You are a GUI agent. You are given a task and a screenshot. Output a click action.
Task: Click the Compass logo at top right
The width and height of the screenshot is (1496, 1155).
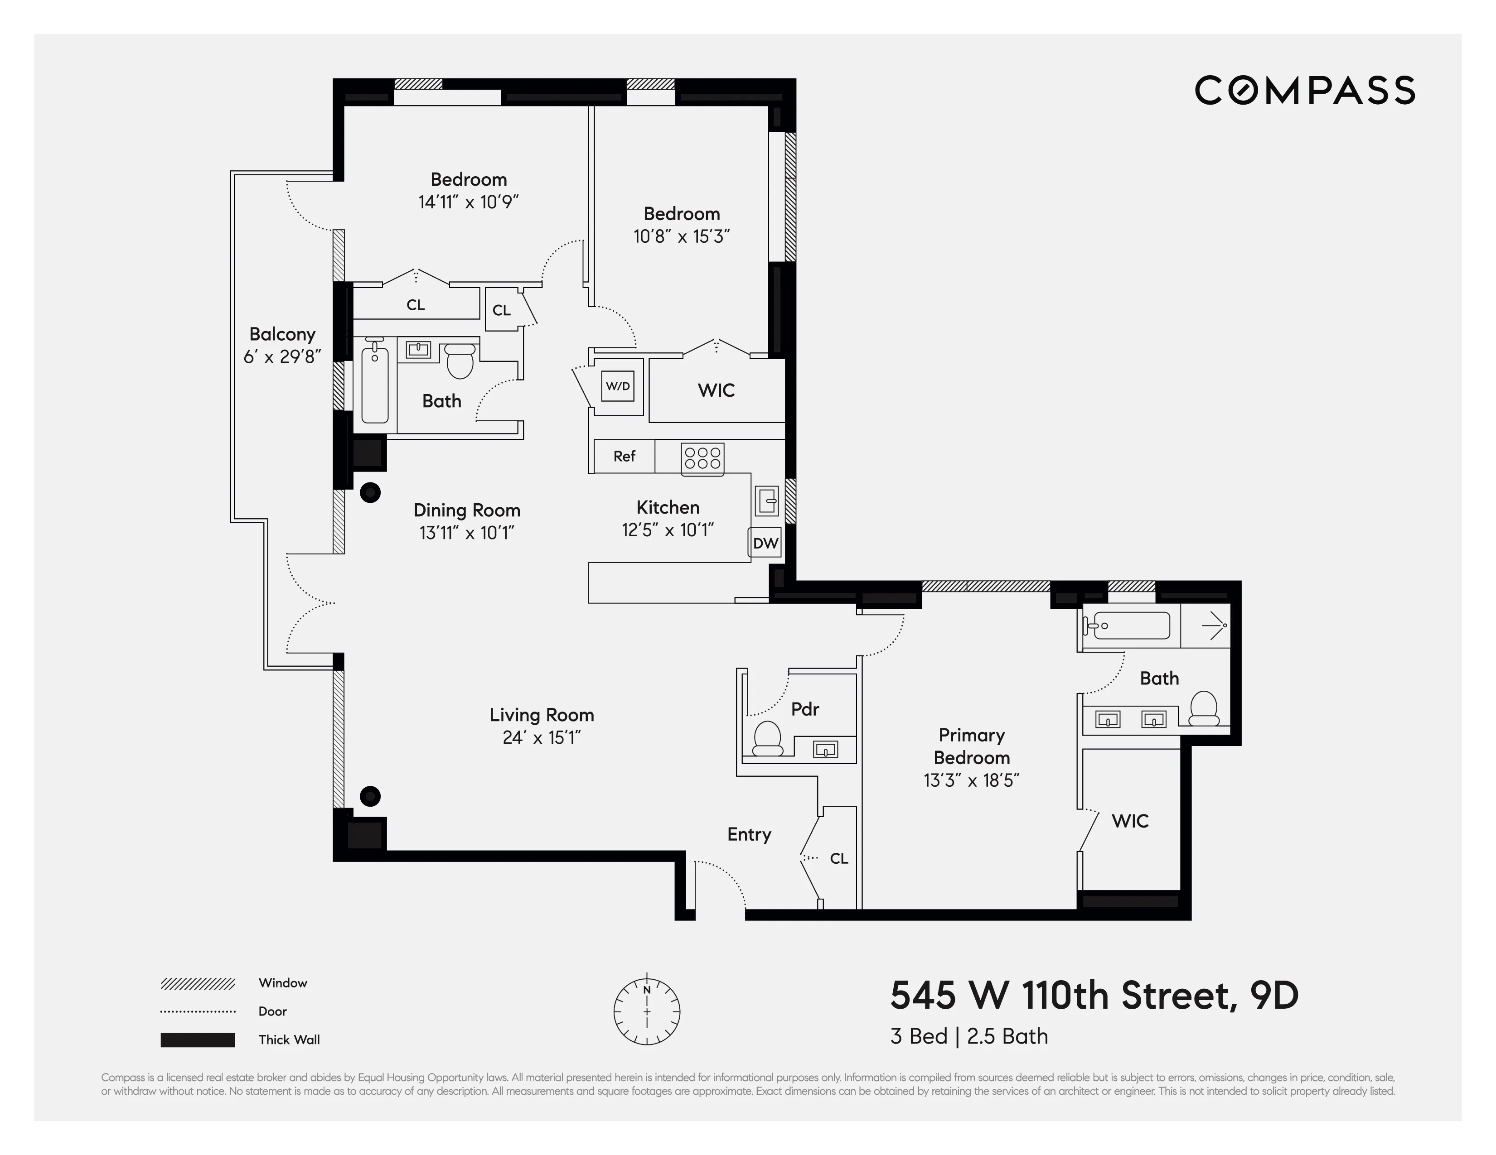coord(1304,91)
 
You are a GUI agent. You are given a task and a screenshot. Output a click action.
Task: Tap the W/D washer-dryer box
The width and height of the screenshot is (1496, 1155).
coord(617,386)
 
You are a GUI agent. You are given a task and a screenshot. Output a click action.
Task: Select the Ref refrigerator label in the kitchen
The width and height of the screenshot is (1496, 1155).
coord(624,456)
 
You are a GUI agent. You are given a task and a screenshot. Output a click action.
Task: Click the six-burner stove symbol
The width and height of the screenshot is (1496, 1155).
coord(702,458)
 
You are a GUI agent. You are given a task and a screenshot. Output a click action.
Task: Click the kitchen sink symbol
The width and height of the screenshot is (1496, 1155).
coord(766,501)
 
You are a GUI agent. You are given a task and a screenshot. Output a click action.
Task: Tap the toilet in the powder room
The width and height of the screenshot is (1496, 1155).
coord(767,738)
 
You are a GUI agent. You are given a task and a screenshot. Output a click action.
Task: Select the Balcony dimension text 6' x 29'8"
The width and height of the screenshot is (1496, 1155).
coord(282,357)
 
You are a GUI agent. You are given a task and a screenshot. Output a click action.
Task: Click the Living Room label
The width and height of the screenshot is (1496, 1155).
coord(541,715)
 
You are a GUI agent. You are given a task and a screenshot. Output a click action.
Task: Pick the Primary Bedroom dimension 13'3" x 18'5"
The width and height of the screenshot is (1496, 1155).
coord(971,780)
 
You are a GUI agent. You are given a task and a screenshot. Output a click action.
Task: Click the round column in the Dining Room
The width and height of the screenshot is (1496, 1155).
coord(370,492)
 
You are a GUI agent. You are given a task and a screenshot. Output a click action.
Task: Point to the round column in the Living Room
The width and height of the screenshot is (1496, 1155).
coord(370,796)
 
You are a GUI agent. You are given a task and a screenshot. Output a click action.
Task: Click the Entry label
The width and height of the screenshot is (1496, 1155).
coord(749,834)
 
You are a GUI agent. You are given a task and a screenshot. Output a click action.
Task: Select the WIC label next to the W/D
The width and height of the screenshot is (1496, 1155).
coord(716,390)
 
